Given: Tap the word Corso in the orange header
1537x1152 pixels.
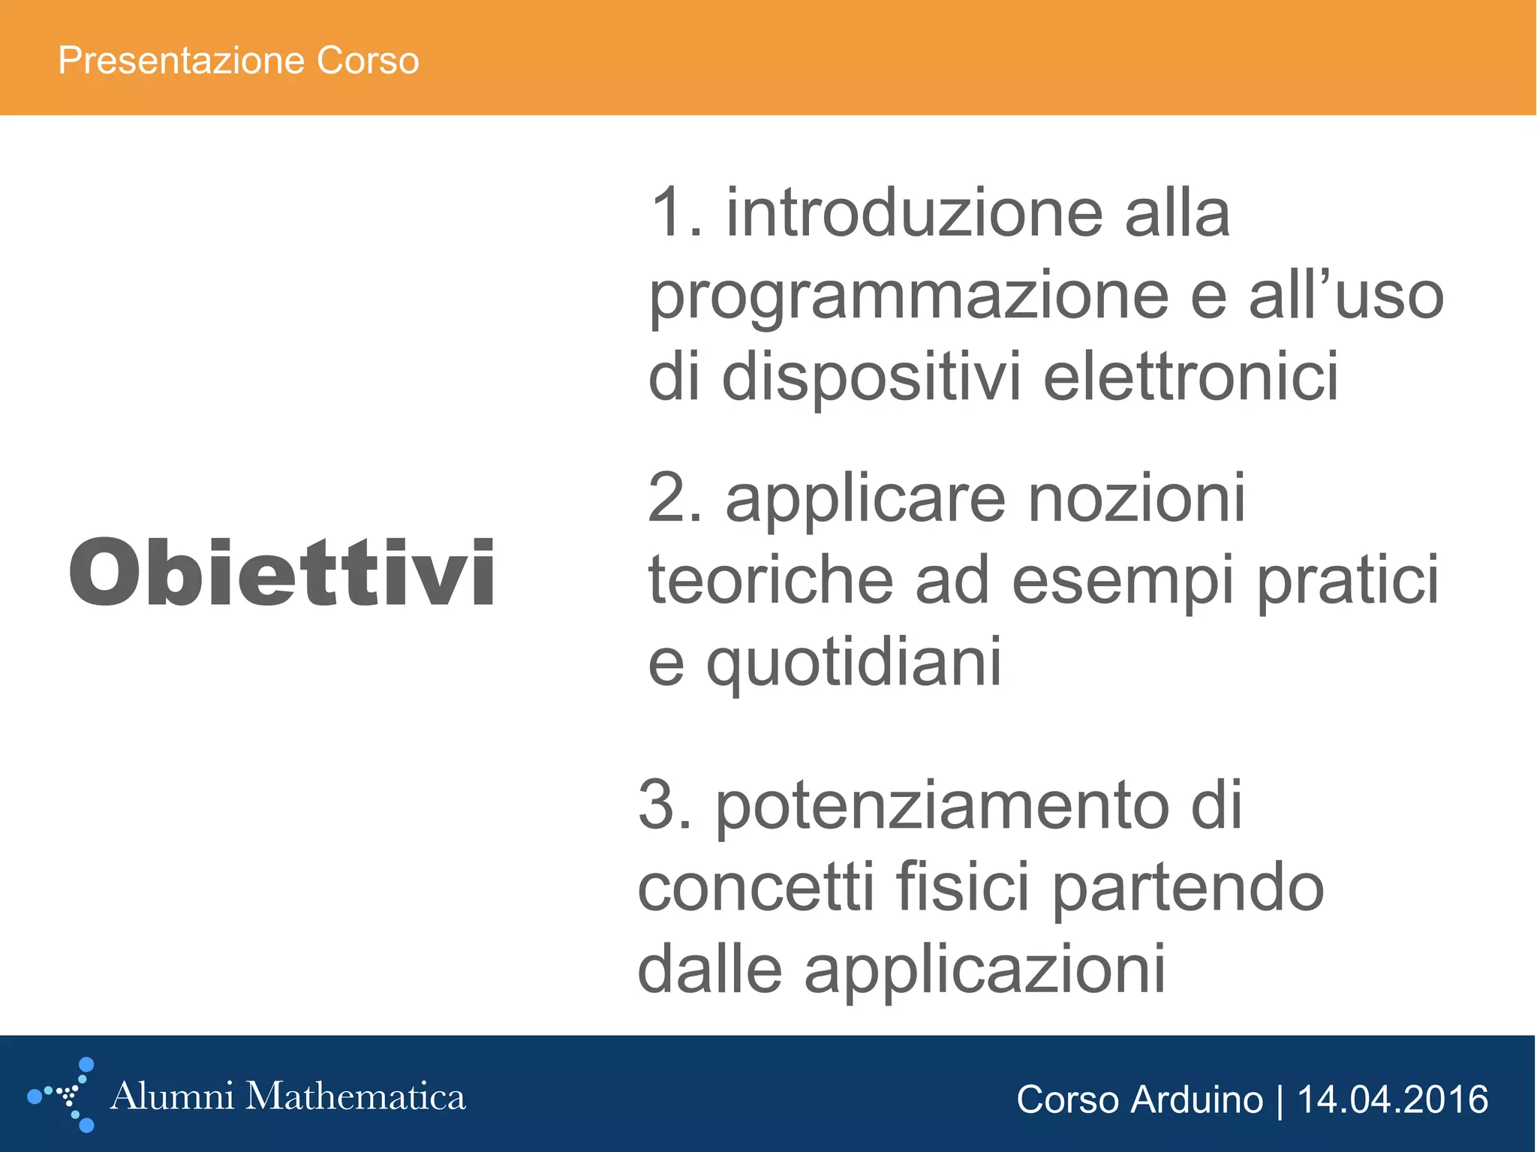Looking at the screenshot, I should (368, 60).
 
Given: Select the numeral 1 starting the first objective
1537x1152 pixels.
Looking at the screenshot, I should (668, 214).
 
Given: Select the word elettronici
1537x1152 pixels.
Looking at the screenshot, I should (1191, 377).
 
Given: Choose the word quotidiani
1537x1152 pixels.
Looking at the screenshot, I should (854, 662).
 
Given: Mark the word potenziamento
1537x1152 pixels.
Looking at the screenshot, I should (942, 808).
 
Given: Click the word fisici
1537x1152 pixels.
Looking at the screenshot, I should (963, 888).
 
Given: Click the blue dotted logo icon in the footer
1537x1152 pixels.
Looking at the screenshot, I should (65, 1095).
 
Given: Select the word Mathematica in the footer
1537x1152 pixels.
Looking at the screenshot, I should (356, 1096).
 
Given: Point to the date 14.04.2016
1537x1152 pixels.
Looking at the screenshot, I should (1393, 1100).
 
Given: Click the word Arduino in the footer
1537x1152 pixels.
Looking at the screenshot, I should (1196, 1100).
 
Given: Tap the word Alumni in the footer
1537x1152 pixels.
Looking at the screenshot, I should (172, 1096).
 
